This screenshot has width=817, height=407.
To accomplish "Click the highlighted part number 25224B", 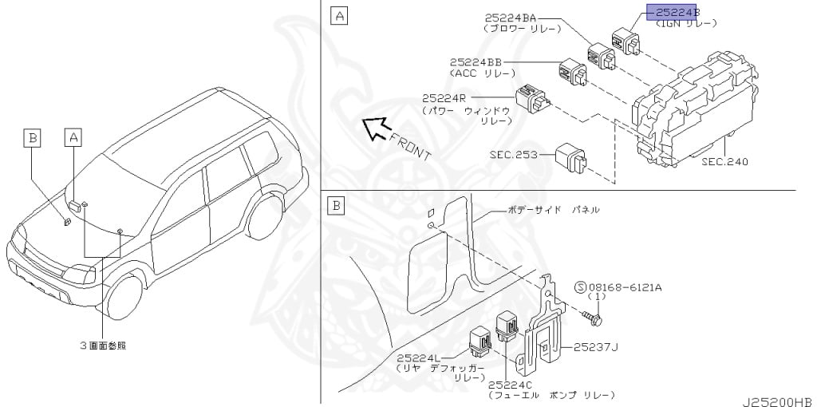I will pyautogui.click(x=674, y=13).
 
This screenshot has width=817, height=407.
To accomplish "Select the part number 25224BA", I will pyautogui.click(x=509, y=18).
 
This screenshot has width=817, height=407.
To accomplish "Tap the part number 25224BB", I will pyautogui.click(x=476, y=61).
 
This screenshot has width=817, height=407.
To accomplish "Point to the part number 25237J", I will pyautogui.click(x=590, y=347).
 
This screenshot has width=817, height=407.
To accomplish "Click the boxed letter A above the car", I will pyautogui.click(x=73, y=138).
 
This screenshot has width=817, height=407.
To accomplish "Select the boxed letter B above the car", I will pyautogui.click(x=32, y=138).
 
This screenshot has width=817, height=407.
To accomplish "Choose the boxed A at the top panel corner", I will pyautogui.click(x=338, y=15).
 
